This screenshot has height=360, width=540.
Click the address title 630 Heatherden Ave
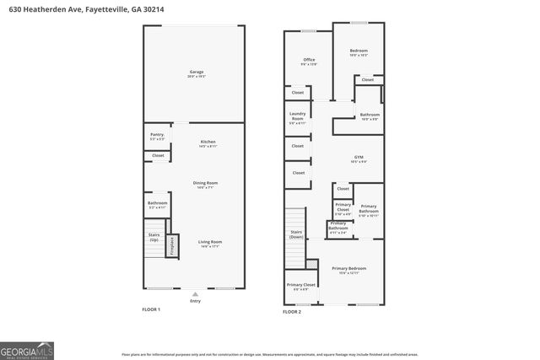point(82,9)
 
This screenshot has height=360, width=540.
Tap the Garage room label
point(197,73)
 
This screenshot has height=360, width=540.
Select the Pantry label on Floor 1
point(158,136)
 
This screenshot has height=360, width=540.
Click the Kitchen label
point(208,143)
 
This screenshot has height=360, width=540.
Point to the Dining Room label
point(206,185)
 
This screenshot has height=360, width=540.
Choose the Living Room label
point(209,244)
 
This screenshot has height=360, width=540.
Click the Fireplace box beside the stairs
point(172,245)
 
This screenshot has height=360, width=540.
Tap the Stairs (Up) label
point(154,238)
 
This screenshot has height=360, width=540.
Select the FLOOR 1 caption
point(150,310)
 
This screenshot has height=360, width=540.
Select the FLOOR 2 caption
point(291,311)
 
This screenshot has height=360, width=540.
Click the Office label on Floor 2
point(310,61)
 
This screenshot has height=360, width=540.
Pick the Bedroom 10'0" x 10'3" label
point(359,52)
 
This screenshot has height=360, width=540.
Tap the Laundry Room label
point(297,118)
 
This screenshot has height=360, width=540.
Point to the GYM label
point(358,159)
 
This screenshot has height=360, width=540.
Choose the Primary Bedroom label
point(348,270)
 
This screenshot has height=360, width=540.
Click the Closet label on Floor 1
point(158,155)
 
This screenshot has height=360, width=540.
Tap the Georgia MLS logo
point(27,350)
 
